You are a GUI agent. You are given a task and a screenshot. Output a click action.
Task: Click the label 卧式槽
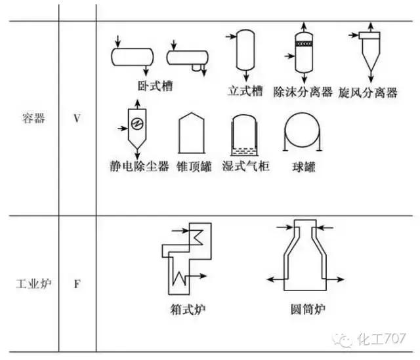[x=156, y=85]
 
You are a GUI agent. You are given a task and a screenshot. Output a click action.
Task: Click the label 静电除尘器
[x=139, y=166]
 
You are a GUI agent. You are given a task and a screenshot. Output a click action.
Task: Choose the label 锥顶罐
[x=194, y=166]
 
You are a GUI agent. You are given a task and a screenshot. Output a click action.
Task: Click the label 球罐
[x=303, y=167]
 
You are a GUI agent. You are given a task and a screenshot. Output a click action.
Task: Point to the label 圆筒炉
[x=308, y=308]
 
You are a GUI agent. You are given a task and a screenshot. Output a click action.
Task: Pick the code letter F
[x=77, y=285]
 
